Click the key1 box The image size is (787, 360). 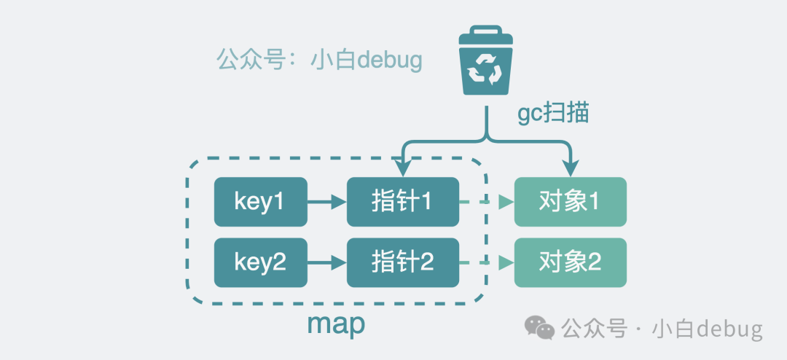click(x=260, y=202)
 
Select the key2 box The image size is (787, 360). click(x=260, y=262)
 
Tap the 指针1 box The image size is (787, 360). click(x=402, y=202)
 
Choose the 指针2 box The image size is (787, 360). click(x=402, y=262)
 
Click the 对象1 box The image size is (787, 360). click(x=570, y=202)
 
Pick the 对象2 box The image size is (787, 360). click(x=570, y=262)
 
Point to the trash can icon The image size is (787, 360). click(x=485, y=61)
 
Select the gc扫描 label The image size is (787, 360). click(x=553, y=113)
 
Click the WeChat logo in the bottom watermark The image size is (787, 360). click(x=541, y=329)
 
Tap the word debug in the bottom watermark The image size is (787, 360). click(x=729, y=329)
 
